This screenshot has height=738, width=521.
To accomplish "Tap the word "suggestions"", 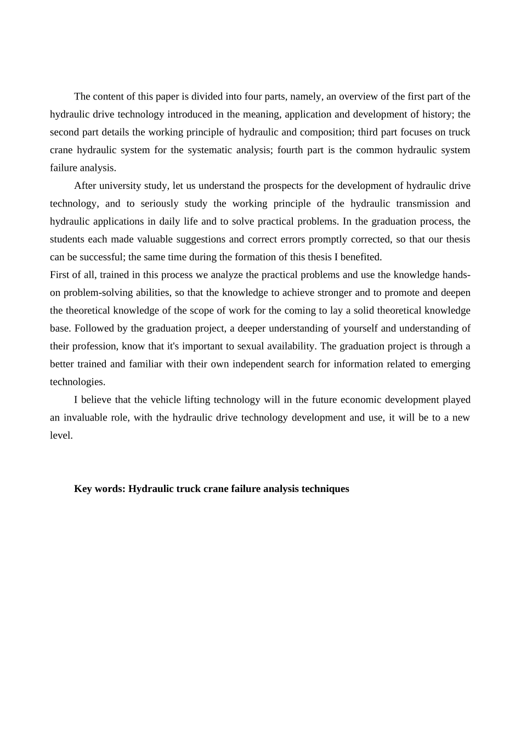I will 200,239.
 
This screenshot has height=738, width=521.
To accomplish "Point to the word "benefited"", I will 360,257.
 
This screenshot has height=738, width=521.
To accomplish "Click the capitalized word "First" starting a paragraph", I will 60,275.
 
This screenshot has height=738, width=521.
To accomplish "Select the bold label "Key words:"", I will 100,489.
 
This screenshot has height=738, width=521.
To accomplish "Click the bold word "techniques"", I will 325,489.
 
